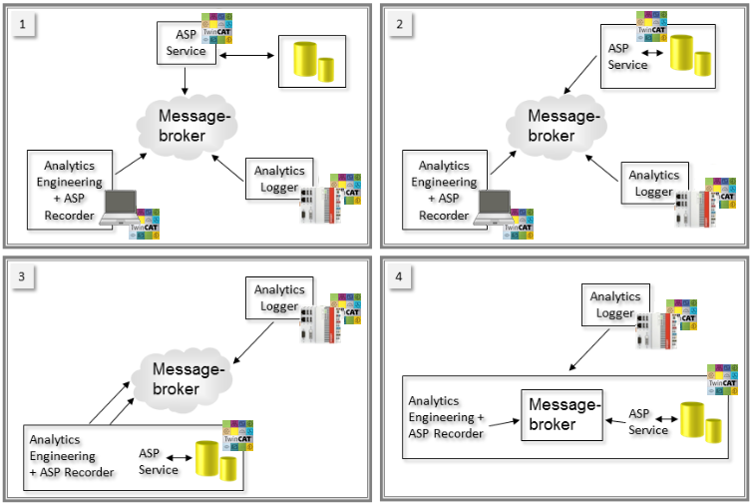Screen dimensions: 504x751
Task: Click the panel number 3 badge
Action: click(25, 275)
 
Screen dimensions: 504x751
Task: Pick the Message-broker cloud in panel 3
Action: click(193, 377)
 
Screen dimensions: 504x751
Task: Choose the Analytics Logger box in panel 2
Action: click(654, 183)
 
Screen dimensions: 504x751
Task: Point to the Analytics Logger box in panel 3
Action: click(280, 297)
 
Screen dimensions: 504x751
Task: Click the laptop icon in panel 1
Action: click(122, 207)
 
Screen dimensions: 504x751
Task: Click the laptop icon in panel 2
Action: click(495, 207)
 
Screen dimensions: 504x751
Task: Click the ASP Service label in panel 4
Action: click(648, 422)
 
